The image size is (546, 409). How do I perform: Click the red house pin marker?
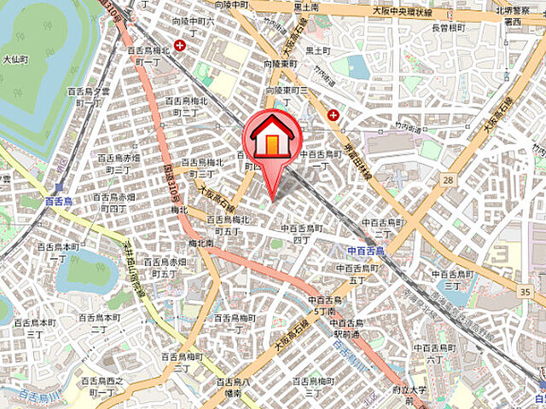pos(271,141)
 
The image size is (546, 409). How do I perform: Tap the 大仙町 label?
pos(16,60)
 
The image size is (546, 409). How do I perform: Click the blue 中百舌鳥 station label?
pos(367,251)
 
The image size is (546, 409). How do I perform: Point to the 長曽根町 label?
pos(447,28)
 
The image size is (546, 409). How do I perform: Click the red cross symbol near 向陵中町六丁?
pos(180,45)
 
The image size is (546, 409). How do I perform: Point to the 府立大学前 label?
pos(415,395)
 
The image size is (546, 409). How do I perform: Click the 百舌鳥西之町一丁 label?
pos(102,387)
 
